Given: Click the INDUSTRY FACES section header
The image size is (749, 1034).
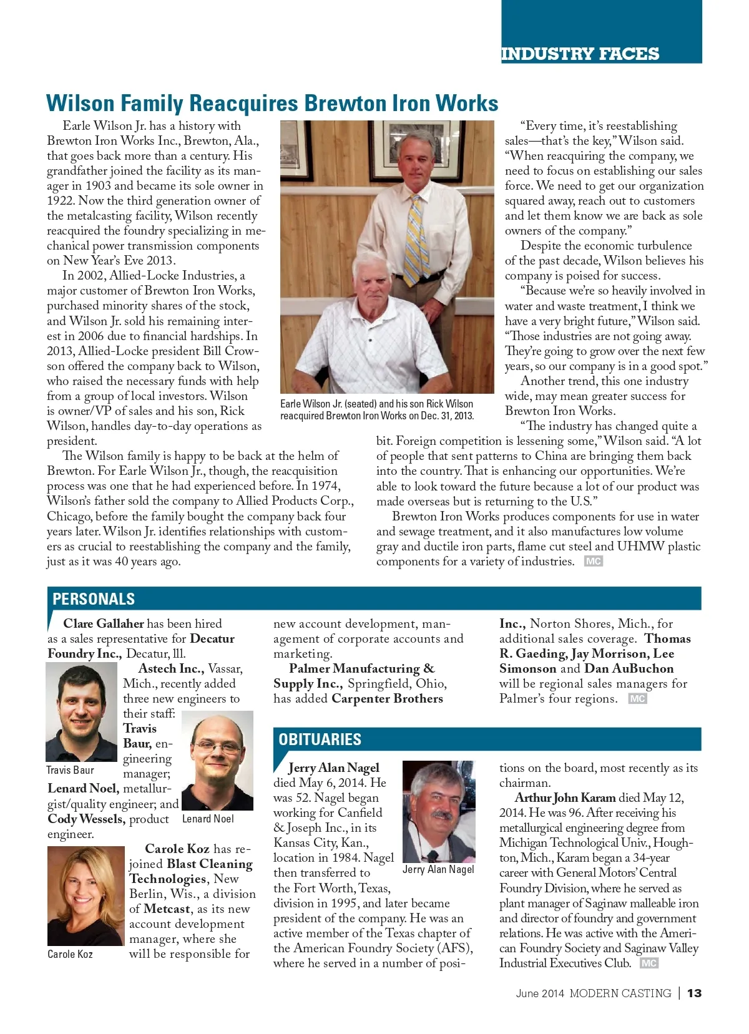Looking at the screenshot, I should tap(580, 54).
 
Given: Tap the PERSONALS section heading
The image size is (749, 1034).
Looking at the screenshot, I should tap(94, 599).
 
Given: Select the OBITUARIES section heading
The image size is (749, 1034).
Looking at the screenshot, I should tap(320, 739).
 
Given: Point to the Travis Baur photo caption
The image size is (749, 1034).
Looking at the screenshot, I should tap(70, 770).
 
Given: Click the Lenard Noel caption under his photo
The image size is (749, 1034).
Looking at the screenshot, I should tap(208, 819).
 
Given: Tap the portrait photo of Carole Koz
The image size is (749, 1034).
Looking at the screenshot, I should tap(86, 895).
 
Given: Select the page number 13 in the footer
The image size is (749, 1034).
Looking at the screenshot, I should tap(694, 993).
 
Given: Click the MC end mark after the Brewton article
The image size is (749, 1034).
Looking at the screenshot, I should tap(593, 562).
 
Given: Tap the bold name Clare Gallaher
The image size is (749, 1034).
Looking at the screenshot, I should tap(104, 623).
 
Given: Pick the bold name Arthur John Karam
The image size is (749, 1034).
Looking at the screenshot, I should tap(565, 797).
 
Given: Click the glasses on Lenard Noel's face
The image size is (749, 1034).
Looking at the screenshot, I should tap(217, 747).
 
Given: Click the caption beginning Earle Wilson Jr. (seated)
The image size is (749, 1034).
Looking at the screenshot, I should tap(376, 410).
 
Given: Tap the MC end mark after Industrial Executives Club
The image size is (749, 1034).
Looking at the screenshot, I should tap(649, 963).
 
